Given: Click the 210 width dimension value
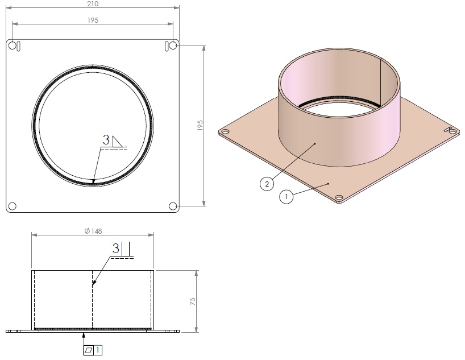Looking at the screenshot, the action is (93, 4).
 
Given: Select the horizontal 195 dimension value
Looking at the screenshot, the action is (93, 20).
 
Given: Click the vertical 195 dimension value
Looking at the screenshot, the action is (200, 125).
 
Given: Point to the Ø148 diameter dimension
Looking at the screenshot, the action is (93, 231).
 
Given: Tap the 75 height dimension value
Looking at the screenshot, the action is (193, 301).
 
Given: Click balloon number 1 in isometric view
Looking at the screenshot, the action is (286, 196).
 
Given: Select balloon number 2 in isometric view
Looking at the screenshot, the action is (267, 184).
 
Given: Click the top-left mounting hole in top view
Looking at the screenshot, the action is (13, 45).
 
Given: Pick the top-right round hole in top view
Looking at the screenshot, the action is (173, 45).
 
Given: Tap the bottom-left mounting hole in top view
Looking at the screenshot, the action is (13, 206).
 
